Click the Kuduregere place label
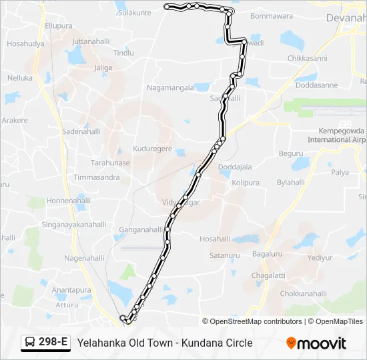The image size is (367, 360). point(153,149)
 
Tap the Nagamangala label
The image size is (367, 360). point(170,87)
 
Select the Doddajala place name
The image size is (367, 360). point(235,167)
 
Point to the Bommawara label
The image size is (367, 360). point(272,15)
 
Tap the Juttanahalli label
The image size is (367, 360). point(90,41)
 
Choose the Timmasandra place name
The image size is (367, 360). point(97,177)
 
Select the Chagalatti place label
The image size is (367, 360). point(268,276)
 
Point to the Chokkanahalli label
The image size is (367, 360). point(303,293)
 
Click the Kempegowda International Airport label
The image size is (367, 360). point(338,135)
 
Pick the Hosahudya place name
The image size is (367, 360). point(25,44)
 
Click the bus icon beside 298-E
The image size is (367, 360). point(30,343)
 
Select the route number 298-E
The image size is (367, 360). point(53,343)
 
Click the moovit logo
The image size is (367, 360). point(316,343)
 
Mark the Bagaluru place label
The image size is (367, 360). point(267,254)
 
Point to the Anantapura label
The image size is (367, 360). point(71,290)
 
